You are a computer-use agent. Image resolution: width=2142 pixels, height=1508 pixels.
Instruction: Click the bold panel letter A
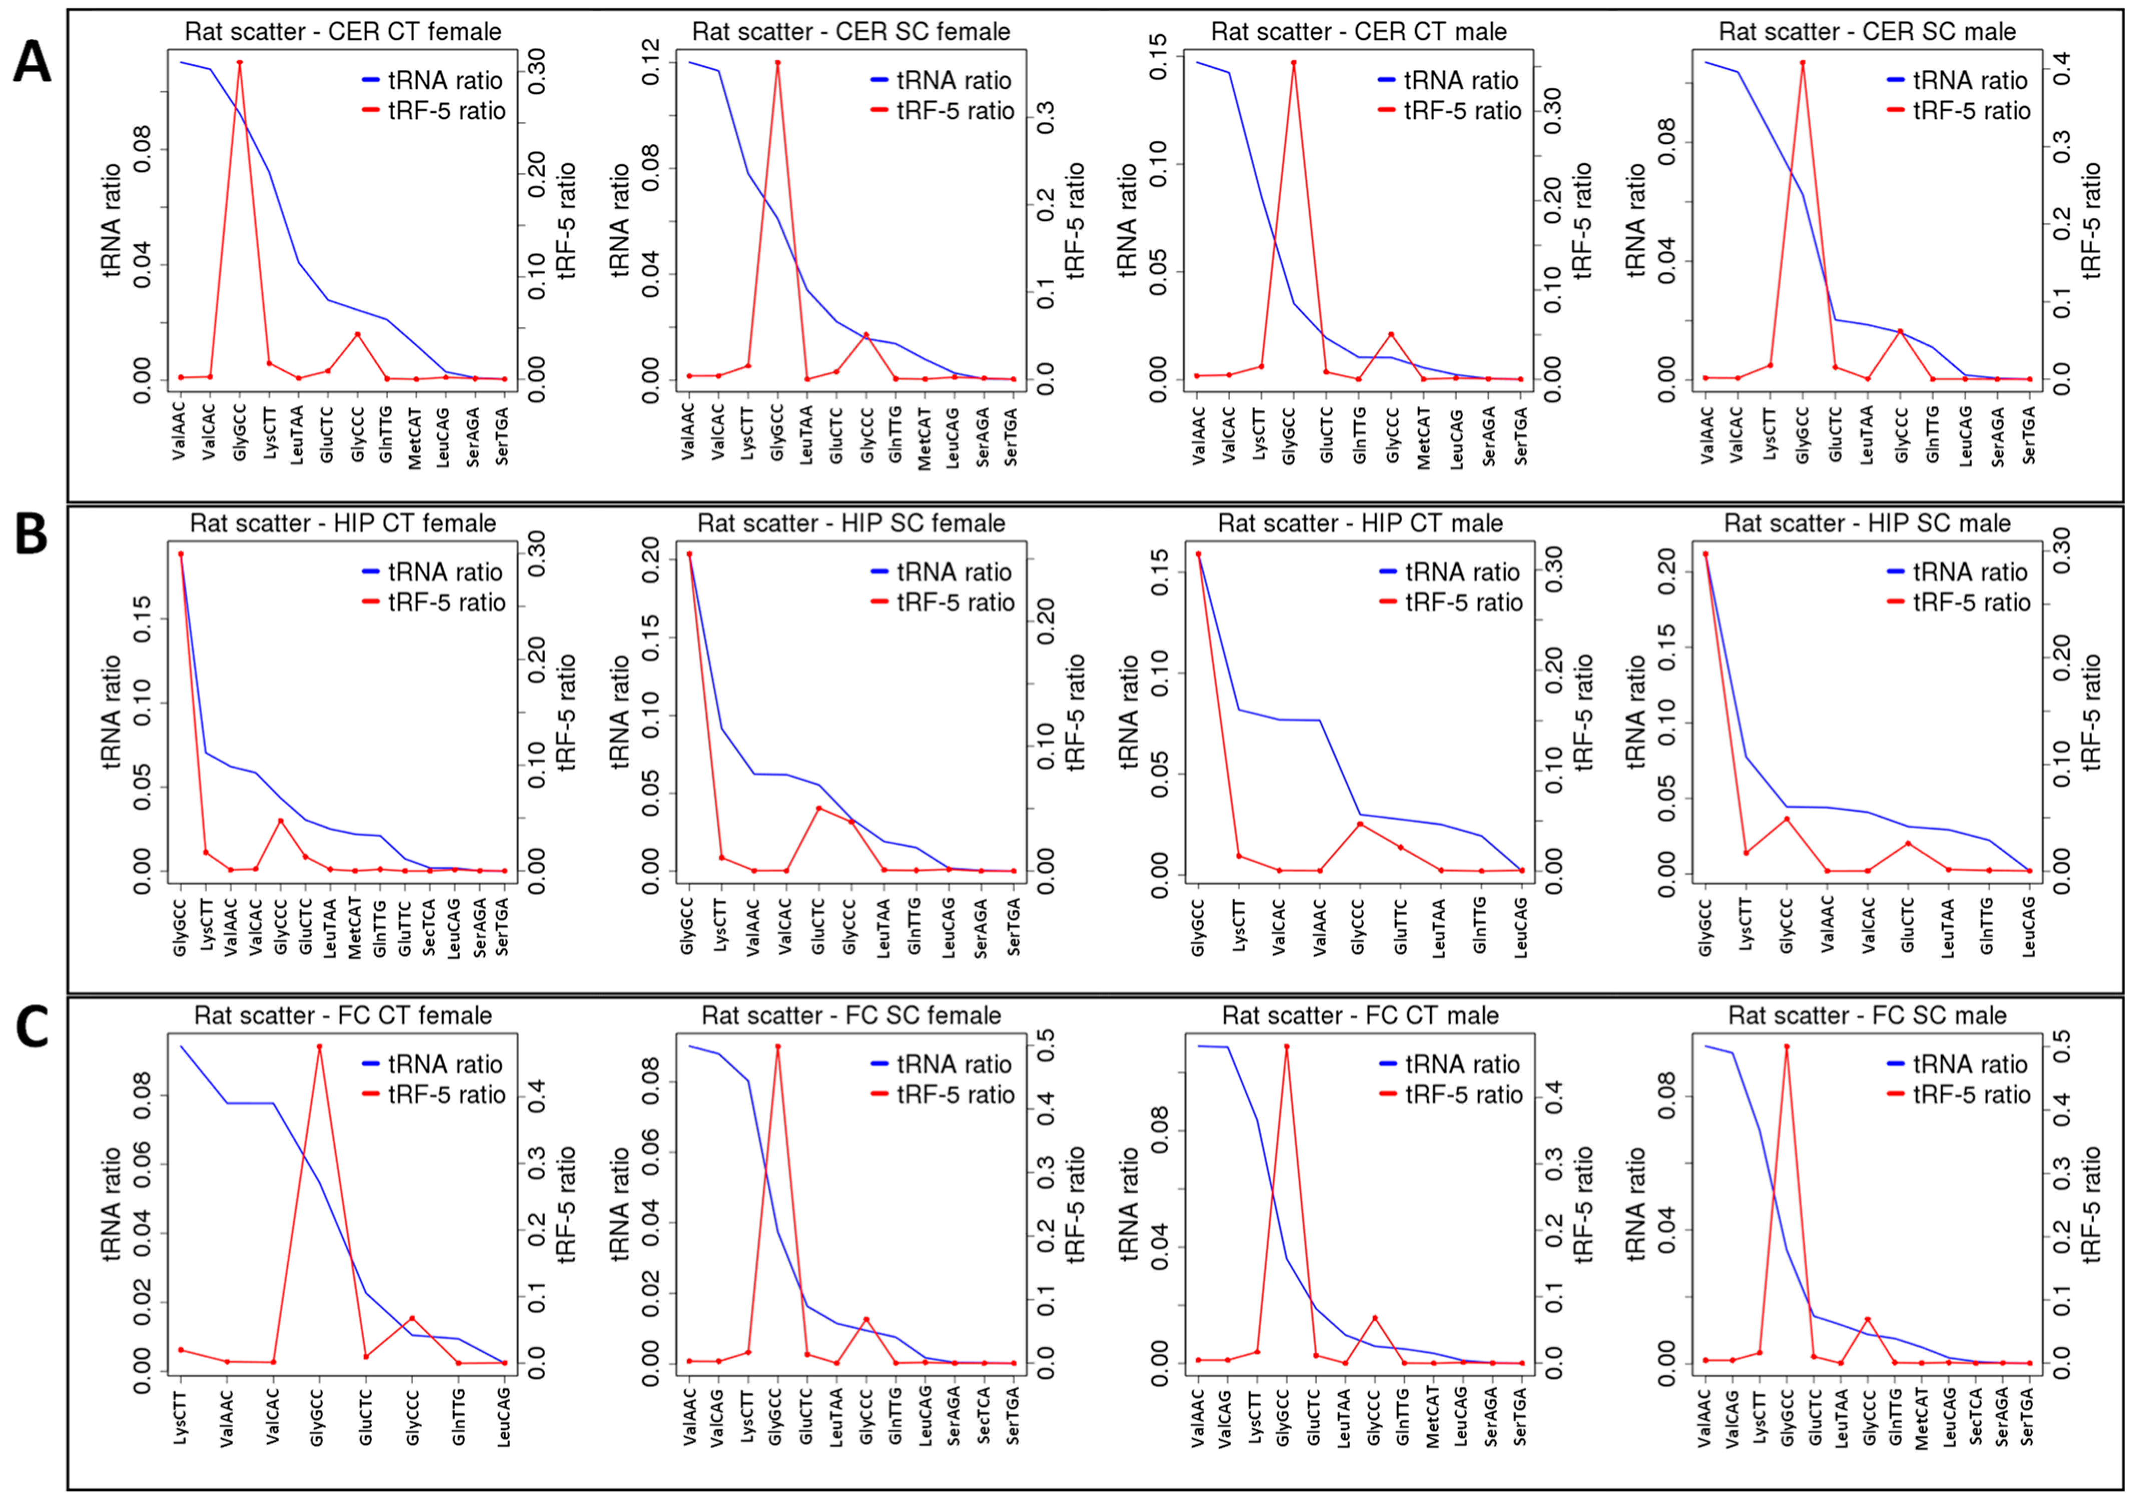coord(32,64)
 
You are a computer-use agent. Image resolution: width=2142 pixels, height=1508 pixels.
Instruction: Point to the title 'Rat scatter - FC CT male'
coord(1360,1016)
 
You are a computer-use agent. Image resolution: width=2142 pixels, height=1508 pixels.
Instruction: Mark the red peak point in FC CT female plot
coord(319,1046)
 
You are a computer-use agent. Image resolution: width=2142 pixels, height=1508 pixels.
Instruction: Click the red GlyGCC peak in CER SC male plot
coord(1803,63)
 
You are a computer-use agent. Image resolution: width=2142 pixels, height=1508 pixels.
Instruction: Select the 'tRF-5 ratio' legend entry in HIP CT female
coord(446,602)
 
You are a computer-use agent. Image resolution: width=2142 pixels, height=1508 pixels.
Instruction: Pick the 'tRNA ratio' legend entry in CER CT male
coord(1462,80)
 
